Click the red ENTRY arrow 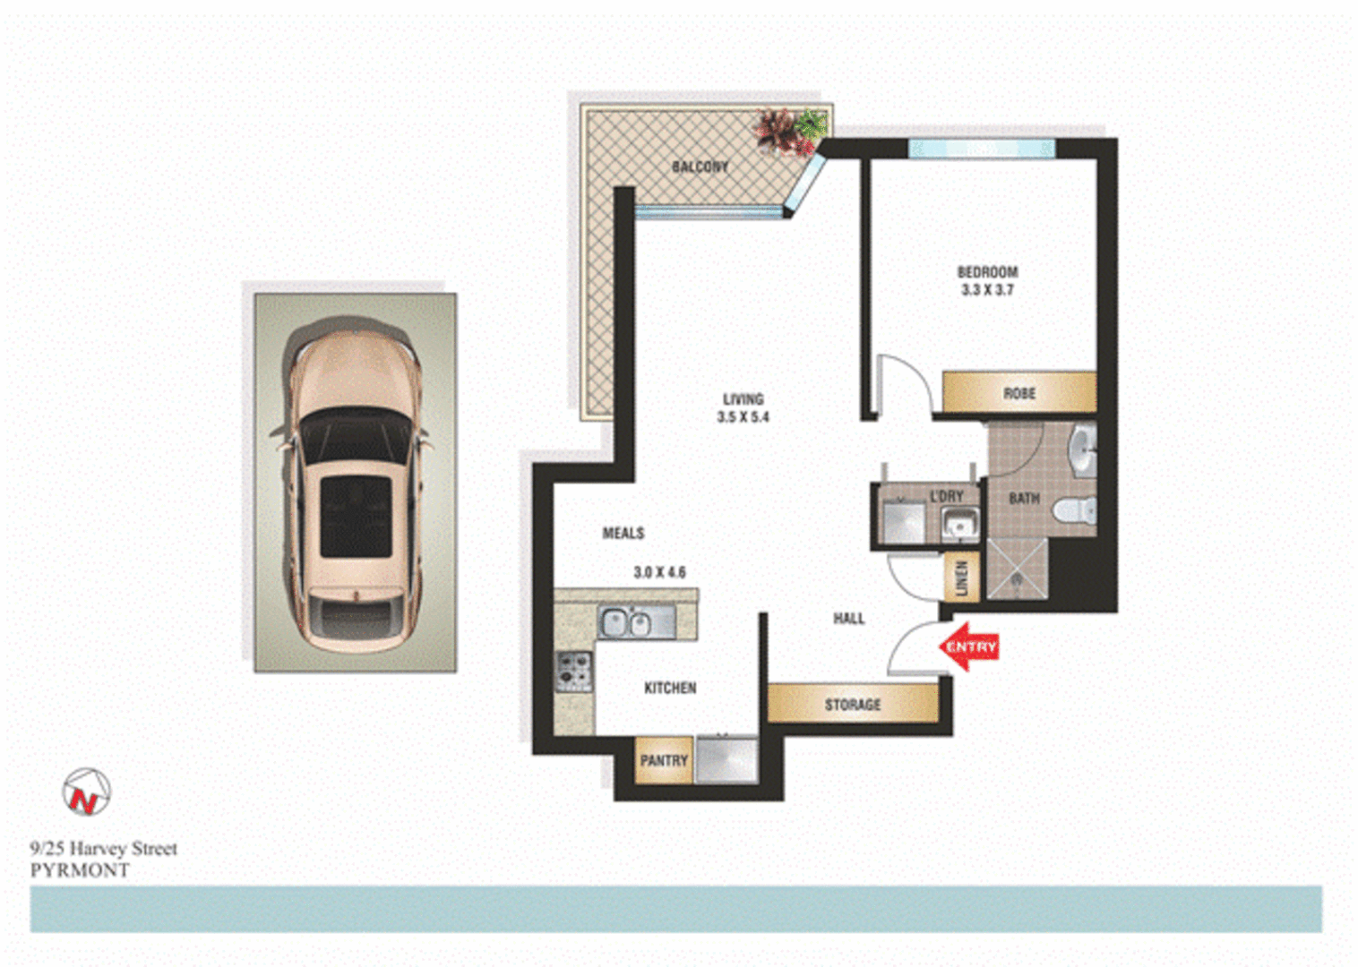coord(968,646)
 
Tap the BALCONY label coord(700,167)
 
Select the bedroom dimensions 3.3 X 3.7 coord(987,290)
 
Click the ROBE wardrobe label coord(1019,393)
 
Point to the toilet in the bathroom coord(1076,511)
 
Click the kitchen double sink coord(626,622)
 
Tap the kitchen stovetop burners coord(574,671)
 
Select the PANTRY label coord(664,760)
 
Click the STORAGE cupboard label coord(853,705)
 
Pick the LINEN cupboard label coord(961,578)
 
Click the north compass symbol coord(86,792)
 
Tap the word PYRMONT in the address coord(80,870)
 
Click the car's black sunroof coord(356,516)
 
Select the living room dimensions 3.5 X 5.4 coord(743,417)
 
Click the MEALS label coord(623,533)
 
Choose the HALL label coord(848,618)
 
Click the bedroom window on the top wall coord(982,148)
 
